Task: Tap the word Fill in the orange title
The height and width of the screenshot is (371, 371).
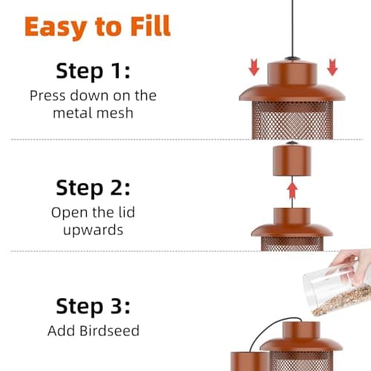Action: coord(147,26)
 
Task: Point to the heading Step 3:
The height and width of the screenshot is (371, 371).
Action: coord(92,306)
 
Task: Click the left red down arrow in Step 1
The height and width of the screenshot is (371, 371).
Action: coord(254,68)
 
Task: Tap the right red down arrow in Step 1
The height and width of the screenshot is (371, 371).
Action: coord(332,68)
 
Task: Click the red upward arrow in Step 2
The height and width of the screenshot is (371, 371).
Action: coord(292,191)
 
